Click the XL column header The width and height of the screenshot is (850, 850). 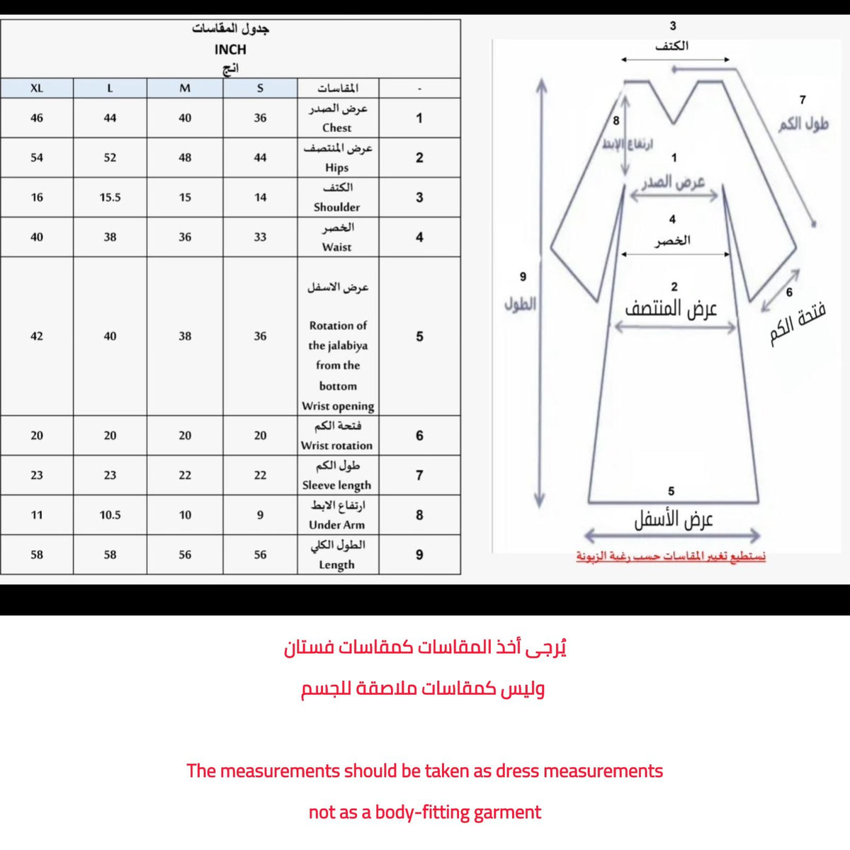click(37, 89)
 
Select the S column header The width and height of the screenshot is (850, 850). click(260, 89)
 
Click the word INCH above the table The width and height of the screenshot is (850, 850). click(230, 50)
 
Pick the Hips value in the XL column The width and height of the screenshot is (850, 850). click(37, 157)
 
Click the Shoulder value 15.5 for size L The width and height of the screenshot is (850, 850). click(110, 198)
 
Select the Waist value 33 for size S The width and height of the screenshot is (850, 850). click(260, 237)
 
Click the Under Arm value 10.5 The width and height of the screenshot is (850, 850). click(110, 515)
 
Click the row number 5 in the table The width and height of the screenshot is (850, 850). click(419, 336)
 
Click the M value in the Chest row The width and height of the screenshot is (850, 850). click(185, 118)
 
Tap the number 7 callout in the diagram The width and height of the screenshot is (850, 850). click(802, 101)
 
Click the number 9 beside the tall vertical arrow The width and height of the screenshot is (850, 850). click(523, 277)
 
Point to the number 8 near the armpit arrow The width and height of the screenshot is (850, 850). click(616, 120)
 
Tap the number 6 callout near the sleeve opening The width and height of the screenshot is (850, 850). click(789, 292)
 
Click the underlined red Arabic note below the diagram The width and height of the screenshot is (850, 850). click(671, 557)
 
